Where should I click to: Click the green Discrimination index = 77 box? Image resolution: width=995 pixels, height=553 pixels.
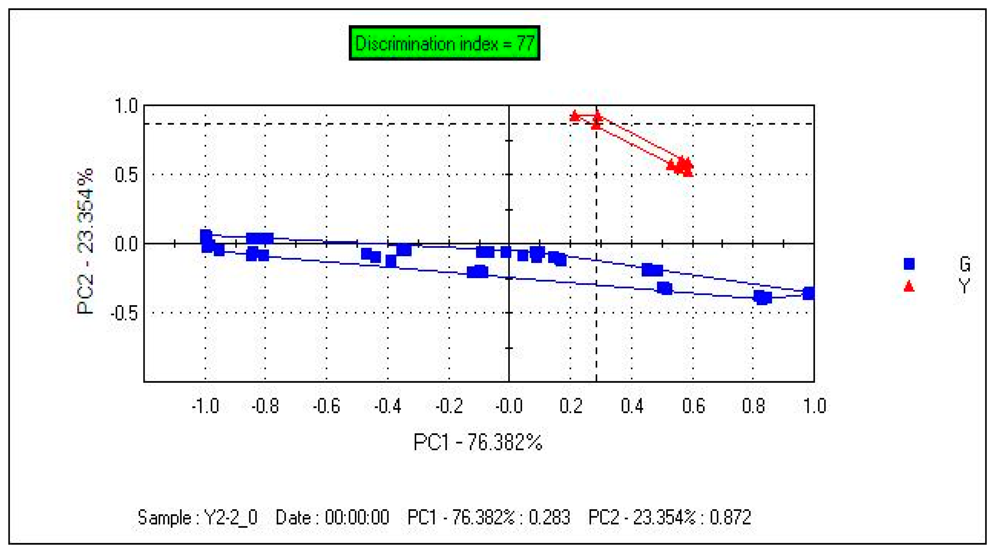tap(444, 43)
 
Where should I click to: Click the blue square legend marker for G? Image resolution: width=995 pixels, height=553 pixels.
tap(909, 264)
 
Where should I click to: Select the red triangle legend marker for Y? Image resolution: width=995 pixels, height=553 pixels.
tap(909, 287)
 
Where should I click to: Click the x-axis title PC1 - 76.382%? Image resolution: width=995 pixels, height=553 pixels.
tap(478, 442)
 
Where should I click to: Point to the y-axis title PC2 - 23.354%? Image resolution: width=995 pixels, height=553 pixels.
tap(85, 241)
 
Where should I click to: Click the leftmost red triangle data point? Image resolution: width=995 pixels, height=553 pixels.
tap(575, 116)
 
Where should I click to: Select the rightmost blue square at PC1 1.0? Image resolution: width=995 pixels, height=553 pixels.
tap(809, 294)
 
